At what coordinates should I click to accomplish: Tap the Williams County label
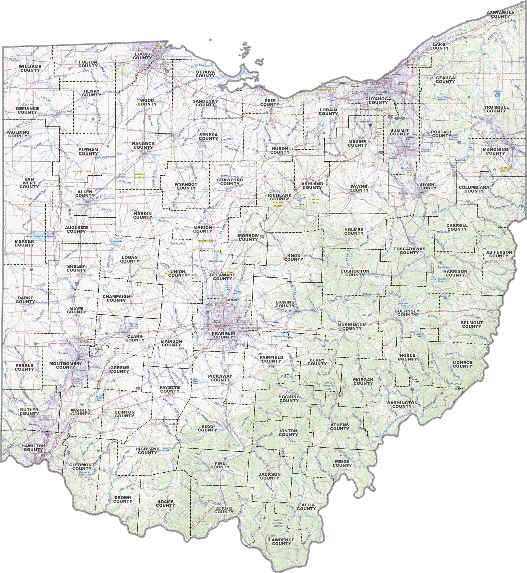click(30, 68)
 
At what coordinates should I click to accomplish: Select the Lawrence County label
click(281, 542)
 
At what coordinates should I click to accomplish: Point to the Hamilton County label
click(33, 447)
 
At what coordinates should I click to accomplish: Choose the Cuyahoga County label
click(378, 101)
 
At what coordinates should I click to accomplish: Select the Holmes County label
click(354, 232)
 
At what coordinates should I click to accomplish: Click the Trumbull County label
click(496, 109)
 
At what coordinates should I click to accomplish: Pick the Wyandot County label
click(186, 186)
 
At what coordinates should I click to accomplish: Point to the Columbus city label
click(229, 325)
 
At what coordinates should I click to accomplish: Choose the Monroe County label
click(462, 364)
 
